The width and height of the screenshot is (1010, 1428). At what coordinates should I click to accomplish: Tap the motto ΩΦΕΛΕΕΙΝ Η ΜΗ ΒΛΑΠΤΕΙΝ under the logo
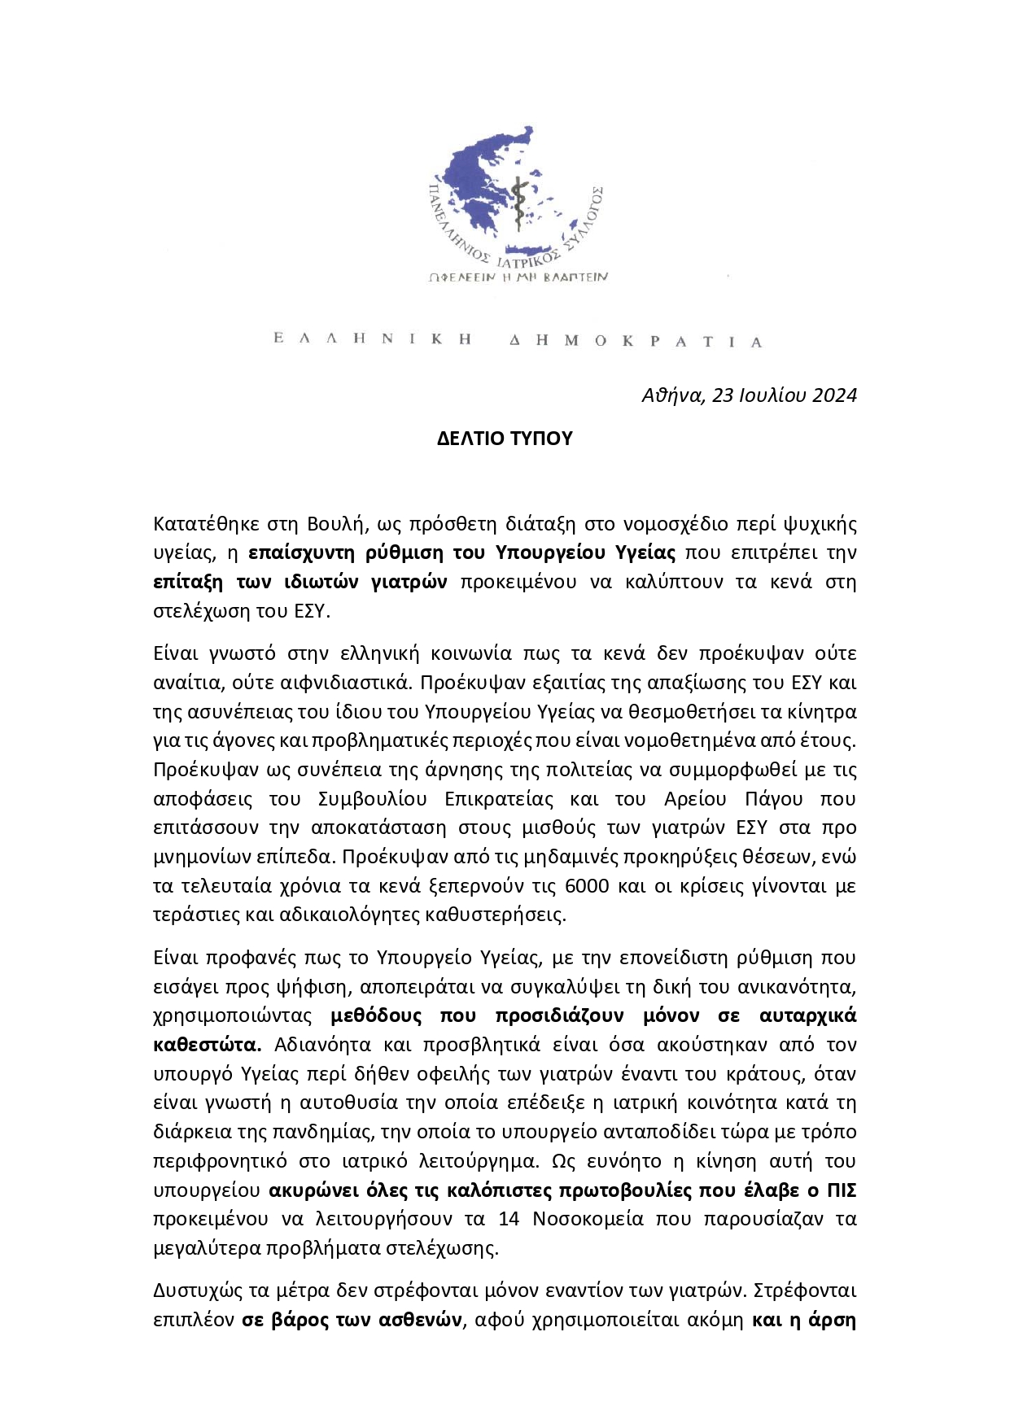(x=518, y=277)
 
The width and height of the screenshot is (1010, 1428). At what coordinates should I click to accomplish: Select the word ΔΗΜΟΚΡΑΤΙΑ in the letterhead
(x=636, y=341)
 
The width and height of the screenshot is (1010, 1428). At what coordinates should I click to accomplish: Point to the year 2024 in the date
(x=834, y=395)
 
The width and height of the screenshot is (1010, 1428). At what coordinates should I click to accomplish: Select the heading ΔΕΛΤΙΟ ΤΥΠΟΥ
(x=505, y=439)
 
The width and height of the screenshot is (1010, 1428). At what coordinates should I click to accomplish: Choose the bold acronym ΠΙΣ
(x=842, y=1190)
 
